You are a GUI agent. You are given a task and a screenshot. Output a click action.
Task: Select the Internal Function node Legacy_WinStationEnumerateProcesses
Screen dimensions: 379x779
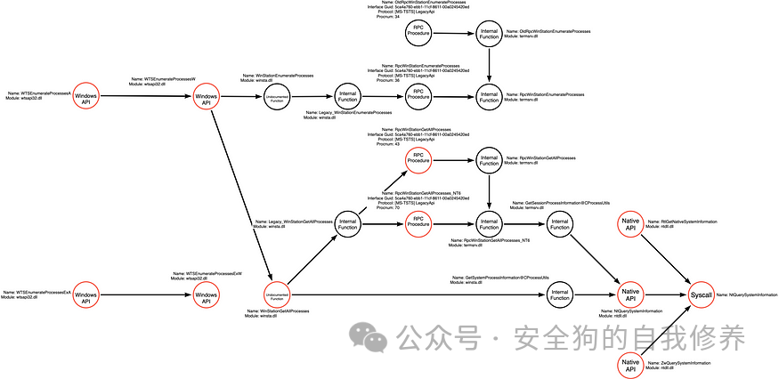click(346, 96)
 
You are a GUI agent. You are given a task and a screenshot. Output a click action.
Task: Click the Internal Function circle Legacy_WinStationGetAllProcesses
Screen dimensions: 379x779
click(346, 226)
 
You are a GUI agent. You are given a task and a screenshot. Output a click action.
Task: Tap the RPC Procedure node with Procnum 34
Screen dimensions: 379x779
click(418, 35)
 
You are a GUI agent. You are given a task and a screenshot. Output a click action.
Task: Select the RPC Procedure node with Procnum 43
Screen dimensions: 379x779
click(418, 160)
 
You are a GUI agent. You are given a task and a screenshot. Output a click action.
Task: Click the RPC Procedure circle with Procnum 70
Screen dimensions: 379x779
click(418, 226)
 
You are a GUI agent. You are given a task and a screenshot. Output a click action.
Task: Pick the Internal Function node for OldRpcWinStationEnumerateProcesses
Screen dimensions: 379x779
click(490, 35)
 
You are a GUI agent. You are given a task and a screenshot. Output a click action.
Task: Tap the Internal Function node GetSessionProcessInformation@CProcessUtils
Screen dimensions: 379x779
click(559, 226)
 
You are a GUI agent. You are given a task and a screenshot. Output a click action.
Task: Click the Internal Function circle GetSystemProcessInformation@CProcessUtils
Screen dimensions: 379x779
click(559, 294)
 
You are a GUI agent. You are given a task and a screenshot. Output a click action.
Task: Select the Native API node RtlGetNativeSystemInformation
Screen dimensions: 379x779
click(630, 226)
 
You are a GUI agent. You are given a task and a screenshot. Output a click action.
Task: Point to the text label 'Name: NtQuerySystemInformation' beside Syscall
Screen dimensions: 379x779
click(753, 294)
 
